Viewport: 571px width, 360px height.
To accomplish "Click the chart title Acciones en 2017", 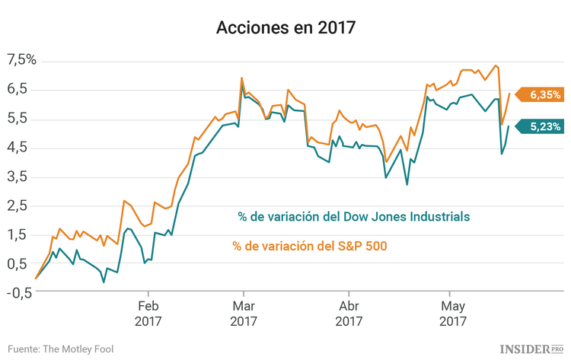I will [285, 28].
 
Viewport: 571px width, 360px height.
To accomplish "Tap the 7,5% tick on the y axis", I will [21, 60].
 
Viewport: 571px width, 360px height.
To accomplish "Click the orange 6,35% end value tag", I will [542, 95].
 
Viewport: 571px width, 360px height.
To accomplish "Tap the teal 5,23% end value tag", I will [542, 127].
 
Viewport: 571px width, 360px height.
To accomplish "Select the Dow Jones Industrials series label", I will [353, 216].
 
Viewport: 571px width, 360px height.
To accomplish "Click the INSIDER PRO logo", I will [531, 348].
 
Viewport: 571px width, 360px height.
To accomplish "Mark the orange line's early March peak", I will [241, 78].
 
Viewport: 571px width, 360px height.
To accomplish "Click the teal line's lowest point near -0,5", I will [104, 282].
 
